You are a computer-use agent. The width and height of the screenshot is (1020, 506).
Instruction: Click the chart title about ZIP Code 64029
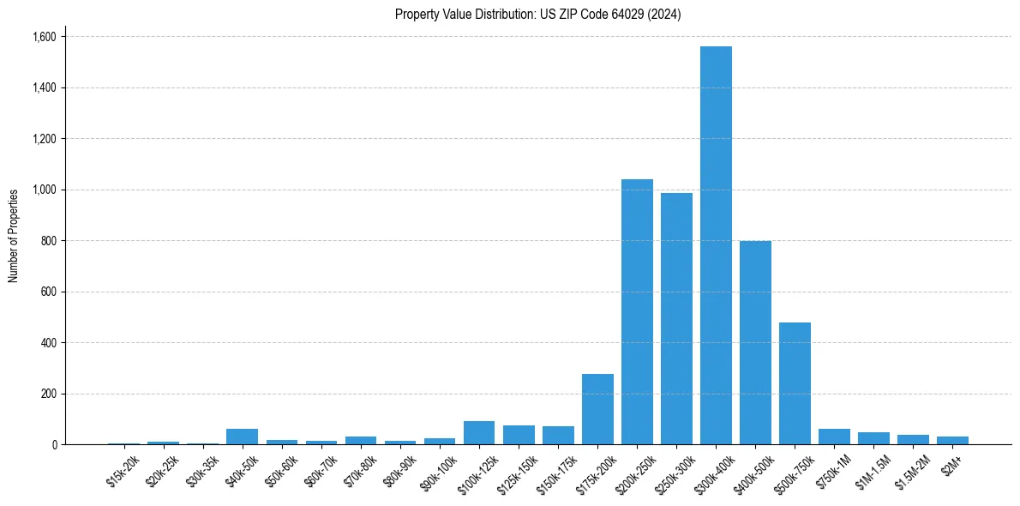(x=537, y=14)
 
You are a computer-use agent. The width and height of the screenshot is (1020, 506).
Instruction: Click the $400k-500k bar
(x=755, y=342)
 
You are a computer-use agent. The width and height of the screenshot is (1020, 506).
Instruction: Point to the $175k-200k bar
(x=597, y=409)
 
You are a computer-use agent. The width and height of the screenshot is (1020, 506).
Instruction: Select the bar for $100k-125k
(x=479, y=433)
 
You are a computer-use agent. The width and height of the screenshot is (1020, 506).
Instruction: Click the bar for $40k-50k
(x=242, y=437)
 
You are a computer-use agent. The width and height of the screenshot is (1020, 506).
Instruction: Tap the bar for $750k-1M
(x=834, y=437)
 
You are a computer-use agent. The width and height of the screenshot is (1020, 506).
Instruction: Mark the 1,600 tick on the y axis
(x=44, y=37)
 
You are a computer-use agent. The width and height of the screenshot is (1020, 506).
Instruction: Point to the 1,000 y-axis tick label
(x=44, y=190)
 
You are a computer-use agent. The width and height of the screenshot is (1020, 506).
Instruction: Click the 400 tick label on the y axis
(x=50, y=343)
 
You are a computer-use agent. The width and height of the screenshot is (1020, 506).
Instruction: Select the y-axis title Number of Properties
(x=14, y=236)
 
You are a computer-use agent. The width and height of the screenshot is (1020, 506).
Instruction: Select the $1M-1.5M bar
(x=873, y=438)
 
